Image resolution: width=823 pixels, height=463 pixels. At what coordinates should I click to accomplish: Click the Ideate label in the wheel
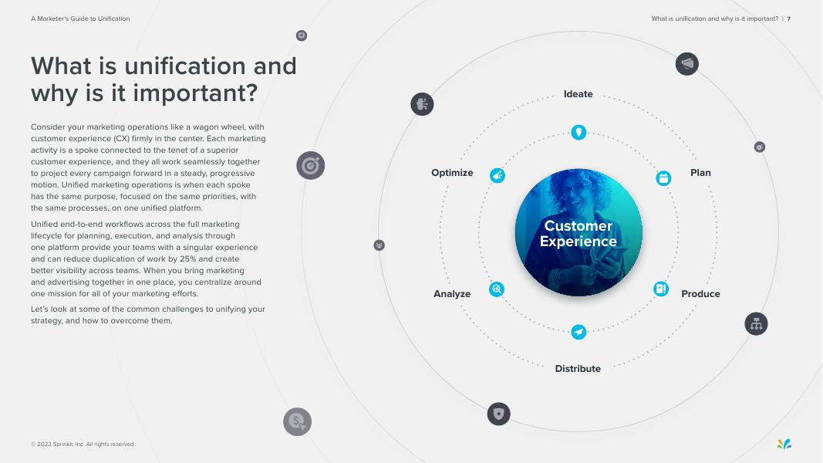(578, 94)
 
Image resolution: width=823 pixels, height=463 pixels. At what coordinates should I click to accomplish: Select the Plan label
(700, 173)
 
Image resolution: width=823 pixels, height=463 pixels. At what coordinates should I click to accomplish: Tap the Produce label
(700, 294)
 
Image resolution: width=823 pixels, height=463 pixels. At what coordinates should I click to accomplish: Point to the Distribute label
(578, 369)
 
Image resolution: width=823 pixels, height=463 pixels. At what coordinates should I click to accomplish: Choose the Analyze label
(452, 294)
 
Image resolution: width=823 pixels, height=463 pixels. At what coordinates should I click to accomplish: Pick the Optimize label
(452, 173)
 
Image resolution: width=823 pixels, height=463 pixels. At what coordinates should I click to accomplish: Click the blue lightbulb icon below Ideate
(578, 133)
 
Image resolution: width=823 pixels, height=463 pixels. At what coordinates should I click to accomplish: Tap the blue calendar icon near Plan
(663, 178)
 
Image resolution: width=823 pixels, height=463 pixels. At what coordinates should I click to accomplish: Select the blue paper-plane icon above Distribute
(578, 332)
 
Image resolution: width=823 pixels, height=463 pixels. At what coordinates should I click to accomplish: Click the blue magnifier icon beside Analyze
(497, 289)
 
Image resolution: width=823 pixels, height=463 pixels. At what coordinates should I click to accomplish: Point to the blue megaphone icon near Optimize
(498, 176)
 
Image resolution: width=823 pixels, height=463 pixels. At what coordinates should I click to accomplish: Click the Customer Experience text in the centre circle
(578, 233)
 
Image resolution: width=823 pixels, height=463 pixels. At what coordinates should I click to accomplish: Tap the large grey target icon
(310, 165)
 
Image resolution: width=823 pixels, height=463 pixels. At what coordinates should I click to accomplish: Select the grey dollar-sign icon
(297, 421)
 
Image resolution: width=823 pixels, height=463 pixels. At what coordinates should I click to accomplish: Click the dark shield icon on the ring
(499, 414)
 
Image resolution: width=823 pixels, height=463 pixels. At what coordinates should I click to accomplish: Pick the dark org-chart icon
(756, 323)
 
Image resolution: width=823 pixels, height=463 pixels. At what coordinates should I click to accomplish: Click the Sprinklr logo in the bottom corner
(784, 444)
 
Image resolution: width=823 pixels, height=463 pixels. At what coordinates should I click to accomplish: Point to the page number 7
(788, 19)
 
